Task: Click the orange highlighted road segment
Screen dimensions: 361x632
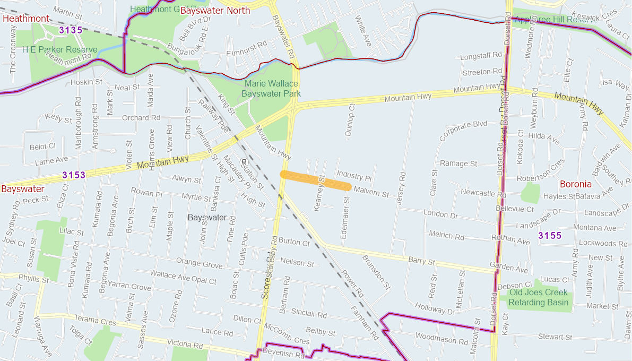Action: tap(315, 180)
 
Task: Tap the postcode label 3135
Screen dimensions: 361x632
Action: tap(71, 30)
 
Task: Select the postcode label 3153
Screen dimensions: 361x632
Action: tap(74, 175)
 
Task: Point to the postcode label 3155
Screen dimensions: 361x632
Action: tap(550, 235)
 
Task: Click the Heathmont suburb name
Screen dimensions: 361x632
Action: tap(26, 19)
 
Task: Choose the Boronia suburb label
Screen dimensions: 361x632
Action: tap(575, 184)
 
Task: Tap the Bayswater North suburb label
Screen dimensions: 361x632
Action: tap(215, 11)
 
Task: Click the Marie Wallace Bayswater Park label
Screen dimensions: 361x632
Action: tap(271, 89)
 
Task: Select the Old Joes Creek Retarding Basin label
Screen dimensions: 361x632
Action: tap(538, 297)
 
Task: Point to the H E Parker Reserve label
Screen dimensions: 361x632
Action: tap(60, 49)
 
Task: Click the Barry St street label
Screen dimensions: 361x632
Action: tap(422, 261)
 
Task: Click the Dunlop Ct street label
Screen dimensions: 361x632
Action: tap(350, 120)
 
